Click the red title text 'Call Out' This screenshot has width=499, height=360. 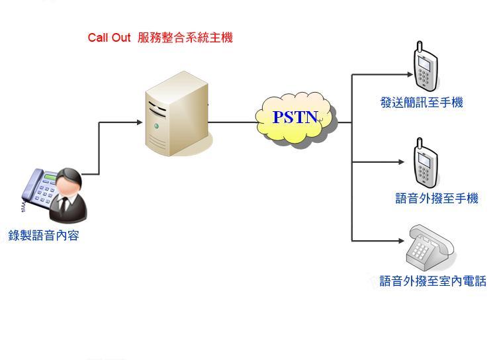[x=109, y=38]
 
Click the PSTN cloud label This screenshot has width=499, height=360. [x=296, y=118]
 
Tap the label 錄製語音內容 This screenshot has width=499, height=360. [x=44, y=235]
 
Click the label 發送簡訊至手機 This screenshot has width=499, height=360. [x=422, y=103]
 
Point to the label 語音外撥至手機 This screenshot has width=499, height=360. [x=436, y=199]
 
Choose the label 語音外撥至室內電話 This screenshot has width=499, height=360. [x=433, y=281]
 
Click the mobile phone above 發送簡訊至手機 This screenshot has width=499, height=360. [x=426, y=69]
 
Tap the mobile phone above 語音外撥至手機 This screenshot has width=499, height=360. [x=425, y=165]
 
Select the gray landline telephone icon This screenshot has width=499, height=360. [x=429, y=246]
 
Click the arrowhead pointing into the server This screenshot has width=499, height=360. [x=139, y=122]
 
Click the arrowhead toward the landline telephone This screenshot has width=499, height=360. [x=400, y=240]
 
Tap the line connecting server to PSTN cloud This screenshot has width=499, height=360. [x=232, y=122]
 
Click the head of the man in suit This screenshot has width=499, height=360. [x=69, y=181]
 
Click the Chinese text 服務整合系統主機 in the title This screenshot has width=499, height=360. [x=185, y=38]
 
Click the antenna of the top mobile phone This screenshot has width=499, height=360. [x=419, y=48]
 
